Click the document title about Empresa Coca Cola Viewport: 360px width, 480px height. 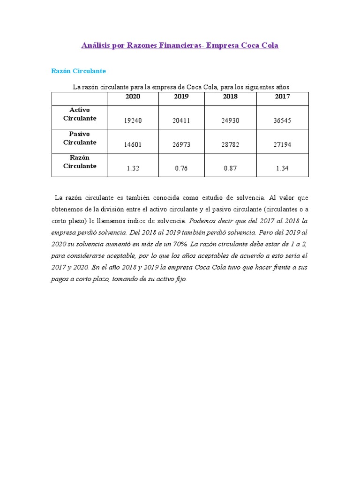180,45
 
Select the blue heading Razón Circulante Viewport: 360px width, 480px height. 78,71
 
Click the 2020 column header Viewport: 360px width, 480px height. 133,97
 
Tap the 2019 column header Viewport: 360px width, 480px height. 181,97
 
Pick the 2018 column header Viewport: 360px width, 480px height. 230,97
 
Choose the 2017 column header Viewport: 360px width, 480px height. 282,97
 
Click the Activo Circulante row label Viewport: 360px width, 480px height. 80,114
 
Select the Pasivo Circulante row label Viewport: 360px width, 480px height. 80,138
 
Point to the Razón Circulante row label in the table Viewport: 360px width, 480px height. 80,162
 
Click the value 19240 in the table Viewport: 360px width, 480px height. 133,120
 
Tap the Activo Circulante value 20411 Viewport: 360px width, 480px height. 181,120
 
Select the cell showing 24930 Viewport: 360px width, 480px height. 230,120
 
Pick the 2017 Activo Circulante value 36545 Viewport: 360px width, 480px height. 282,120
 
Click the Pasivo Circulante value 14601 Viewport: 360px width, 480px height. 133,145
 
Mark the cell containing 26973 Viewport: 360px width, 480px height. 181,145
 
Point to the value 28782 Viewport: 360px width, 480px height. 230,145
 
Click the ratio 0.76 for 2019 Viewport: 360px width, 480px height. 181,169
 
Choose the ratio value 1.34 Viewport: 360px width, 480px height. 282,169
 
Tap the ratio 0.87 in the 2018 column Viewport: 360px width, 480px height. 230,169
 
